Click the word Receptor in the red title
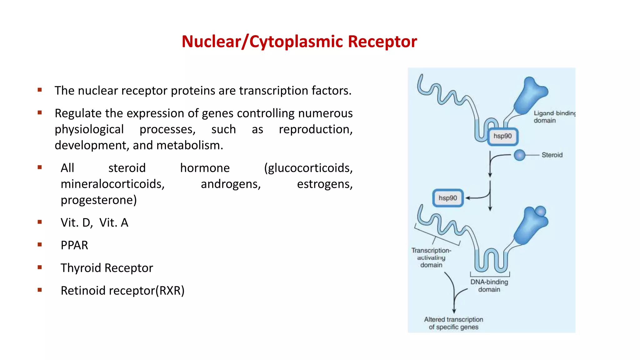pos(382,42)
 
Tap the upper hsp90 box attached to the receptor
pos(502,136)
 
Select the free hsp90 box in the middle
pos(447,198)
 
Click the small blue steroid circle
pos(519,155)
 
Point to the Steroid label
pos(552,155)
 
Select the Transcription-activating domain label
pos(431,257)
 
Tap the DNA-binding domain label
pos(489,285)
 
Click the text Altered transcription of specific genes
pos(453,323)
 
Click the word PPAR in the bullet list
pos(74,245)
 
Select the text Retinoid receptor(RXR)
pos(122,291)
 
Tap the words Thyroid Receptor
pos(107,268)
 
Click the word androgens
pos(231,184)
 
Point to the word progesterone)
pos(99,200)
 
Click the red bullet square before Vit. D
pos(40,222)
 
